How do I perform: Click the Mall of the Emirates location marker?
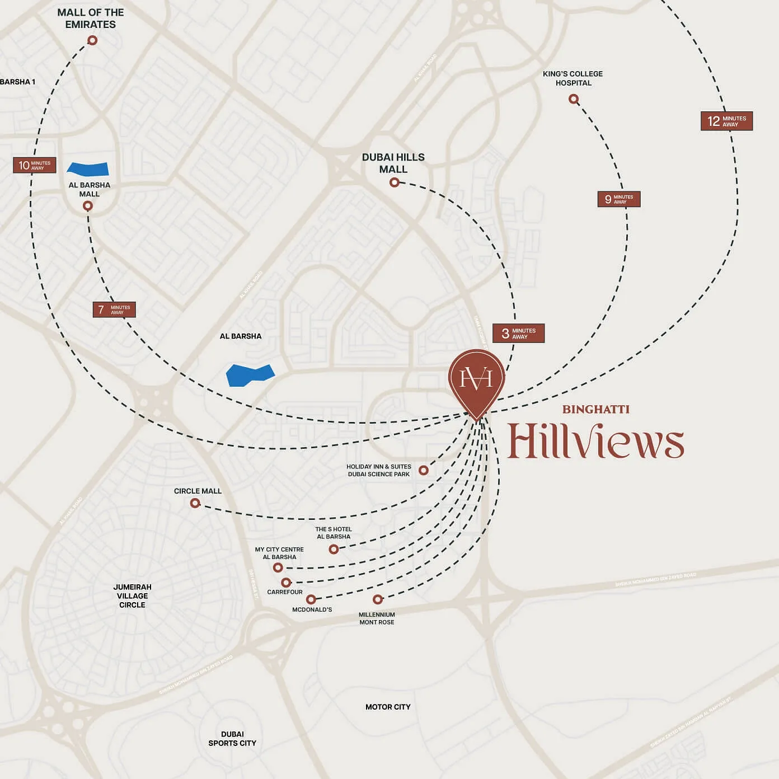(x=92, y=40)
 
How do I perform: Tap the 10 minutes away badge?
(x=35, y=165)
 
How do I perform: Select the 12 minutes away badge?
(x=726, y=121)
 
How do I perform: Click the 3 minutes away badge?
(x=518, y=334)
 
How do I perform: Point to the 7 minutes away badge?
(x=114, y=309)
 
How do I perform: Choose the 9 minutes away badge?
(x=618, y=199)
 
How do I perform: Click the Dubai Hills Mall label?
(x=393, y=163)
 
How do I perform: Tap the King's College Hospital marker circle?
(x=573, y=99)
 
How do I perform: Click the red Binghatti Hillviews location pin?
(x=476, y=381)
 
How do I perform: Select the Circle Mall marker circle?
(x=195, y=503)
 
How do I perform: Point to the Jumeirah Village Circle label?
(x=132, y=595)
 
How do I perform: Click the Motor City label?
(x=388, y=707)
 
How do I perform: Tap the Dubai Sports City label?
(x=232, y=739)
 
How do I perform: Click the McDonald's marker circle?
(x=311, y=599)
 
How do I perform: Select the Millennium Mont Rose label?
(x=377, y=618)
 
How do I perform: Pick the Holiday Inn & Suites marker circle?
(x=424, y=470)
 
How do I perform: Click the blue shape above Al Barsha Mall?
(x=88, y=168)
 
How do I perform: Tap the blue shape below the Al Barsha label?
(x=250, y=374)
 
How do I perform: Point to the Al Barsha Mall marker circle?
(x=87, y=206)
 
